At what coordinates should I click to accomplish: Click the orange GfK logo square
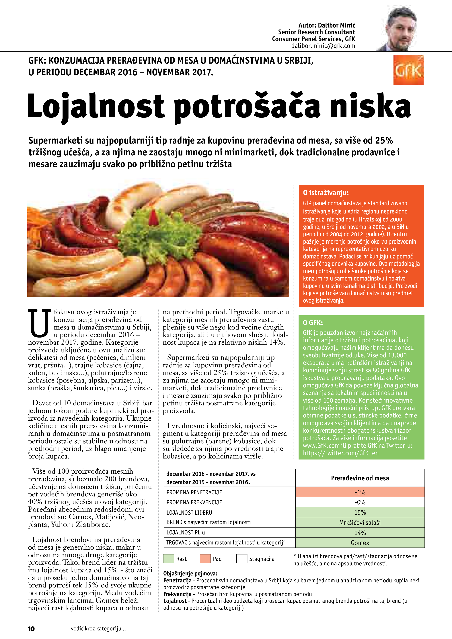tap(408, 70)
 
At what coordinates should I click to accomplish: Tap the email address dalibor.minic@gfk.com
tap(323, 46)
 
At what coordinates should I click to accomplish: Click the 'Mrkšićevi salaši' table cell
tap(360, 523)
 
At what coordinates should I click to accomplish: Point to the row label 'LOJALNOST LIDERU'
tap(189, 513)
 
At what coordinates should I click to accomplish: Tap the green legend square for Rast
tap(168, 558)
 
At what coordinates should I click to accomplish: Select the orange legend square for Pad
tap(205, 558)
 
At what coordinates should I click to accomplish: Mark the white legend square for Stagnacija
tap(241, 558)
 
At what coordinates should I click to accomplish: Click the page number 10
tap(31, 629)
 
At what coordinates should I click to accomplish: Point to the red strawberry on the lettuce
tap(153, 218)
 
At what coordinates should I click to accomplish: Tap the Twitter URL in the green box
tap(341, 453)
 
